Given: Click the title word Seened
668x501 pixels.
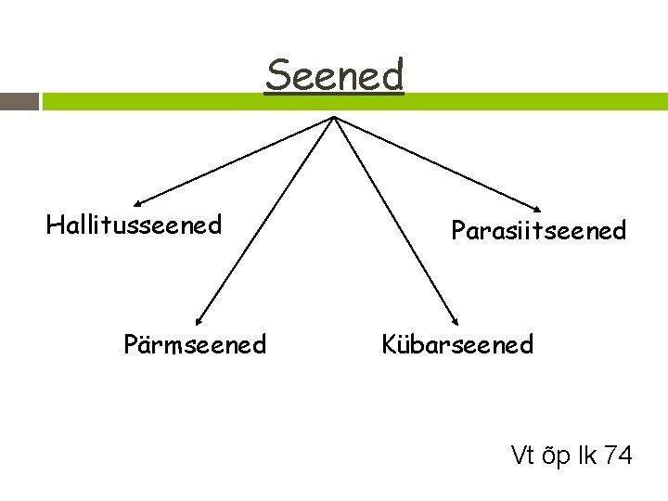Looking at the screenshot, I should click(334, 74).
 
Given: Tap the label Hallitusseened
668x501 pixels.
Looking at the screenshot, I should click(134, 225).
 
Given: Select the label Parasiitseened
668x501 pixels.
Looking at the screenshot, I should click(538, 230).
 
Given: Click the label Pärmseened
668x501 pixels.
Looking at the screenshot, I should click(195, 345).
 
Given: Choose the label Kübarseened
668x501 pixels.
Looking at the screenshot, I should click(457, 345).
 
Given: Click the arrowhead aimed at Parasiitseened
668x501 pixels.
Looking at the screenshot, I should click(539, 208).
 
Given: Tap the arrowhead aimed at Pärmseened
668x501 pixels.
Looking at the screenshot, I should click(199, 321).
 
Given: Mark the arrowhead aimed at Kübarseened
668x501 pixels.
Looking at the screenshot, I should click(456, 321).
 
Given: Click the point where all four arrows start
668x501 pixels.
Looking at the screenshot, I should click(334, 117).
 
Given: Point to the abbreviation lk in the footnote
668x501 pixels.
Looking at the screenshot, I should click(588, 456).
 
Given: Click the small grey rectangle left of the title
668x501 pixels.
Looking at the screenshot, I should click(19, 101).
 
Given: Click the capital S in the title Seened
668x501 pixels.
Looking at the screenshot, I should click(276, 74).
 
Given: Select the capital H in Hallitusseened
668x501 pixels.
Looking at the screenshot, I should click(54, 225).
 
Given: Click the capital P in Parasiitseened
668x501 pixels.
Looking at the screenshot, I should click(458, 230).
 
